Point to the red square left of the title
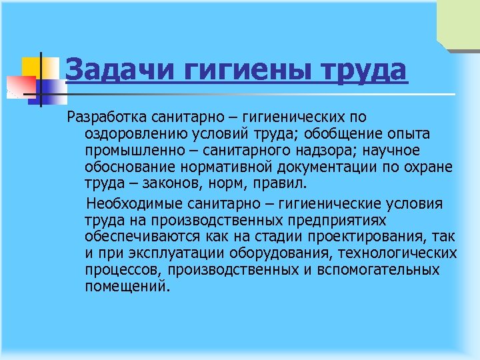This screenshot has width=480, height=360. point(20,85)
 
